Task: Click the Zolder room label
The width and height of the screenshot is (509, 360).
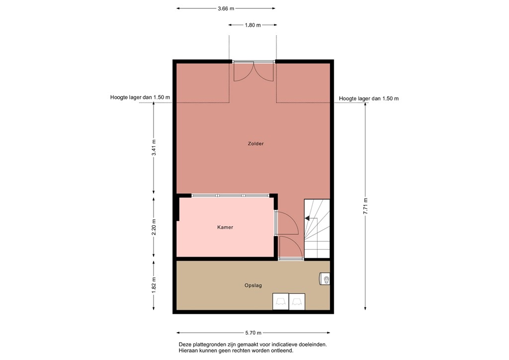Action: tap(255, 144)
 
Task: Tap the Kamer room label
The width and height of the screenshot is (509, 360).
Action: tap(225, 227)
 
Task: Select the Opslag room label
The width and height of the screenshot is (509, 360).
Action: tap(253, 285)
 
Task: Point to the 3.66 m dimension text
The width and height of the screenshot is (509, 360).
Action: tap(226, 8)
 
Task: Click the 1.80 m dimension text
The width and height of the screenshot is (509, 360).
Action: tap(253, 25)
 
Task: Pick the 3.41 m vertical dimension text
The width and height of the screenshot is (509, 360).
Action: tap(154, 148)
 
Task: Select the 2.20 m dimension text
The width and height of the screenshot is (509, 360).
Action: tap(154, 227)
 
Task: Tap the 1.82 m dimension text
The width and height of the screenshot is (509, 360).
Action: tap(154, 284)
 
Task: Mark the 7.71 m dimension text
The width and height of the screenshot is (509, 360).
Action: tap(365, 206)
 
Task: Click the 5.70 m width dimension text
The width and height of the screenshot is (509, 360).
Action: tap(253, 333)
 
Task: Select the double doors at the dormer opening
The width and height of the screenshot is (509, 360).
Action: tap(254, 71)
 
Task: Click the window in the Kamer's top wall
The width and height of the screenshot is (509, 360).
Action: tap(230, 196)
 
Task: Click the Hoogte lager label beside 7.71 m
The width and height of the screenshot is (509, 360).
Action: tap(369, 98)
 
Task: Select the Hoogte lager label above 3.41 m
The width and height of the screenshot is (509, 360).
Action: tap(140, 97)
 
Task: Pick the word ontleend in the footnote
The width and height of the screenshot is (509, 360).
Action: tap(281, 351)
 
